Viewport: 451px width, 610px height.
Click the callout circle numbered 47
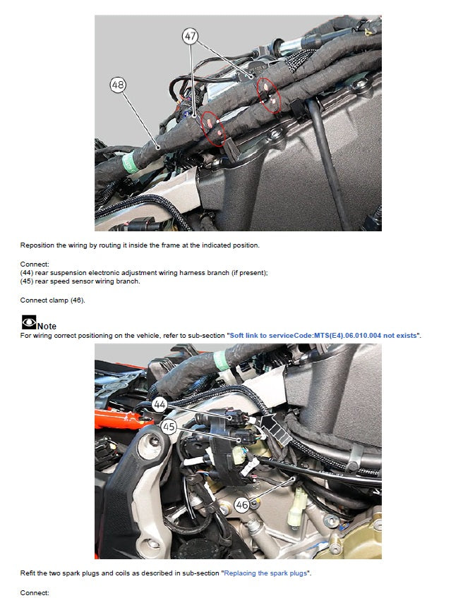click(x=190, y=35)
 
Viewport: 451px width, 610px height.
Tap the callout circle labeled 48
click(x=119, y=85)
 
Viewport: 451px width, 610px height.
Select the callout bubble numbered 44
click(x=160, y=404)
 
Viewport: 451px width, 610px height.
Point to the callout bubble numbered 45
click(x=169, y=427)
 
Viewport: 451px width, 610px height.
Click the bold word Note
click(x=47, y=326)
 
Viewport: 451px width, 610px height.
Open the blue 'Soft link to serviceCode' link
click(x=323, y=335)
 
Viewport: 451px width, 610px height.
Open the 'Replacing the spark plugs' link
click(x=265, y=573)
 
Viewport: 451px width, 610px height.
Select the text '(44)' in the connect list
click(x=27, y=273)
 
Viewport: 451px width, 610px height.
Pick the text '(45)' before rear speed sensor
click(x=27, y=281)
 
